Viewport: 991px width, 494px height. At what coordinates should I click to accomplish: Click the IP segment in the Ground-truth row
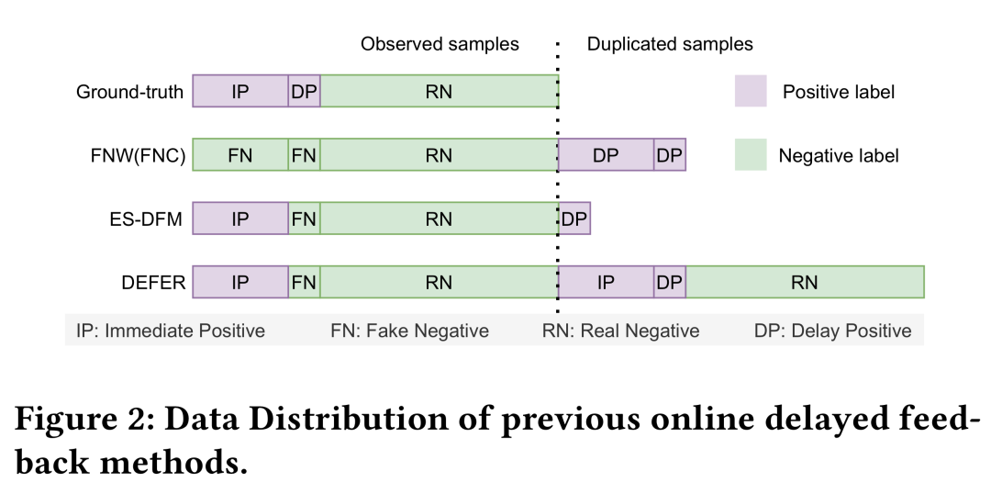tap(239, 92)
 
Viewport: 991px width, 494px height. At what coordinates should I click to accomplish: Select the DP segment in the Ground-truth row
tap(304, 92)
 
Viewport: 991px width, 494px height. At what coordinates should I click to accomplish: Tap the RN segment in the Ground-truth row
tap(439, 92)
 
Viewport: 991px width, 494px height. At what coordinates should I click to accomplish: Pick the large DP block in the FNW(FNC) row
tap(606, 156)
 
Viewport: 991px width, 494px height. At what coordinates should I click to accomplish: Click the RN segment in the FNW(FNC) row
tap(439, 156)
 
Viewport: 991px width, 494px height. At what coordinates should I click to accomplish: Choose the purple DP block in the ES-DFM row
tap(574, 219)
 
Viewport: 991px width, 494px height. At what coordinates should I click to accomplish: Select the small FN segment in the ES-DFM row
tap(304, 219)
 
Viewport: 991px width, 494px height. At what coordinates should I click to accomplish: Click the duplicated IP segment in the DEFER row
tap(606, 283)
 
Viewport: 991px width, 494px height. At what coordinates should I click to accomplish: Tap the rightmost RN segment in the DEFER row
tap(805, 283)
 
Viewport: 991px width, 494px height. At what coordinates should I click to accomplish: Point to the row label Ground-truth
tap(129, 92)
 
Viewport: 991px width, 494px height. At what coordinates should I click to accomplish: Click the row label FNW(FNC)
tap(132, 156)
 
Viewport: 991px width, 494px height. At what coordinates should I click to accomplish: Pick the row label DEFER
tap(153, 283)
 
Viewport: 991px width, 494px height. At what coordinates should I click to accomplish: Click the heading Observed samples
tap(440, 44)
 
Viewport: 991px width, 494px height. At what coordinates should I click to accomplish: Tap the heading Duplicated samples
tap(670, 44)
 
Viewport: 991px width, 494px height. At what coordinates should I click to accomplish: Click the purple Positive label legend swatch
tap(751, 91)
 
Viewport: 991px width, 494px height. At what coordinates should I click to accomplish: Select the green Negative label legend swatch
tap(751, 155)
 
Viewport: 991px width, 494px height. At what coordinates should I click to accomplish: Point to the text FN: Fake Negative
tap(409, 331)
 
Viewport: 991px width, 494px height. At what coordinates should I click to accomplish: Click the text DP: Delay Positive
tap(832, 331)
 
